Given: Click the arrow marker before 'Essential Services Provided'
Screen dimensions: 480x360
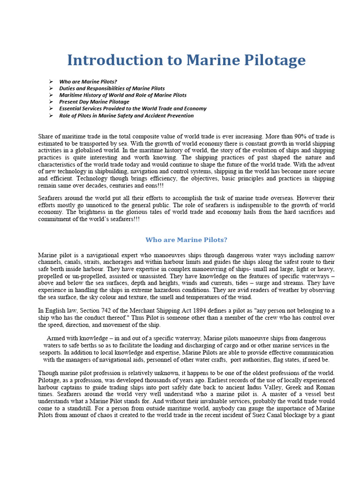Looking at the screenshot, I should (x=51, y=109).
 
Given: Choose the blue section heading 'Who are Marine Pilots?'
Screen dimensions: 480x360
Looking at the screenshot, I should (x=186, y=240).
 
